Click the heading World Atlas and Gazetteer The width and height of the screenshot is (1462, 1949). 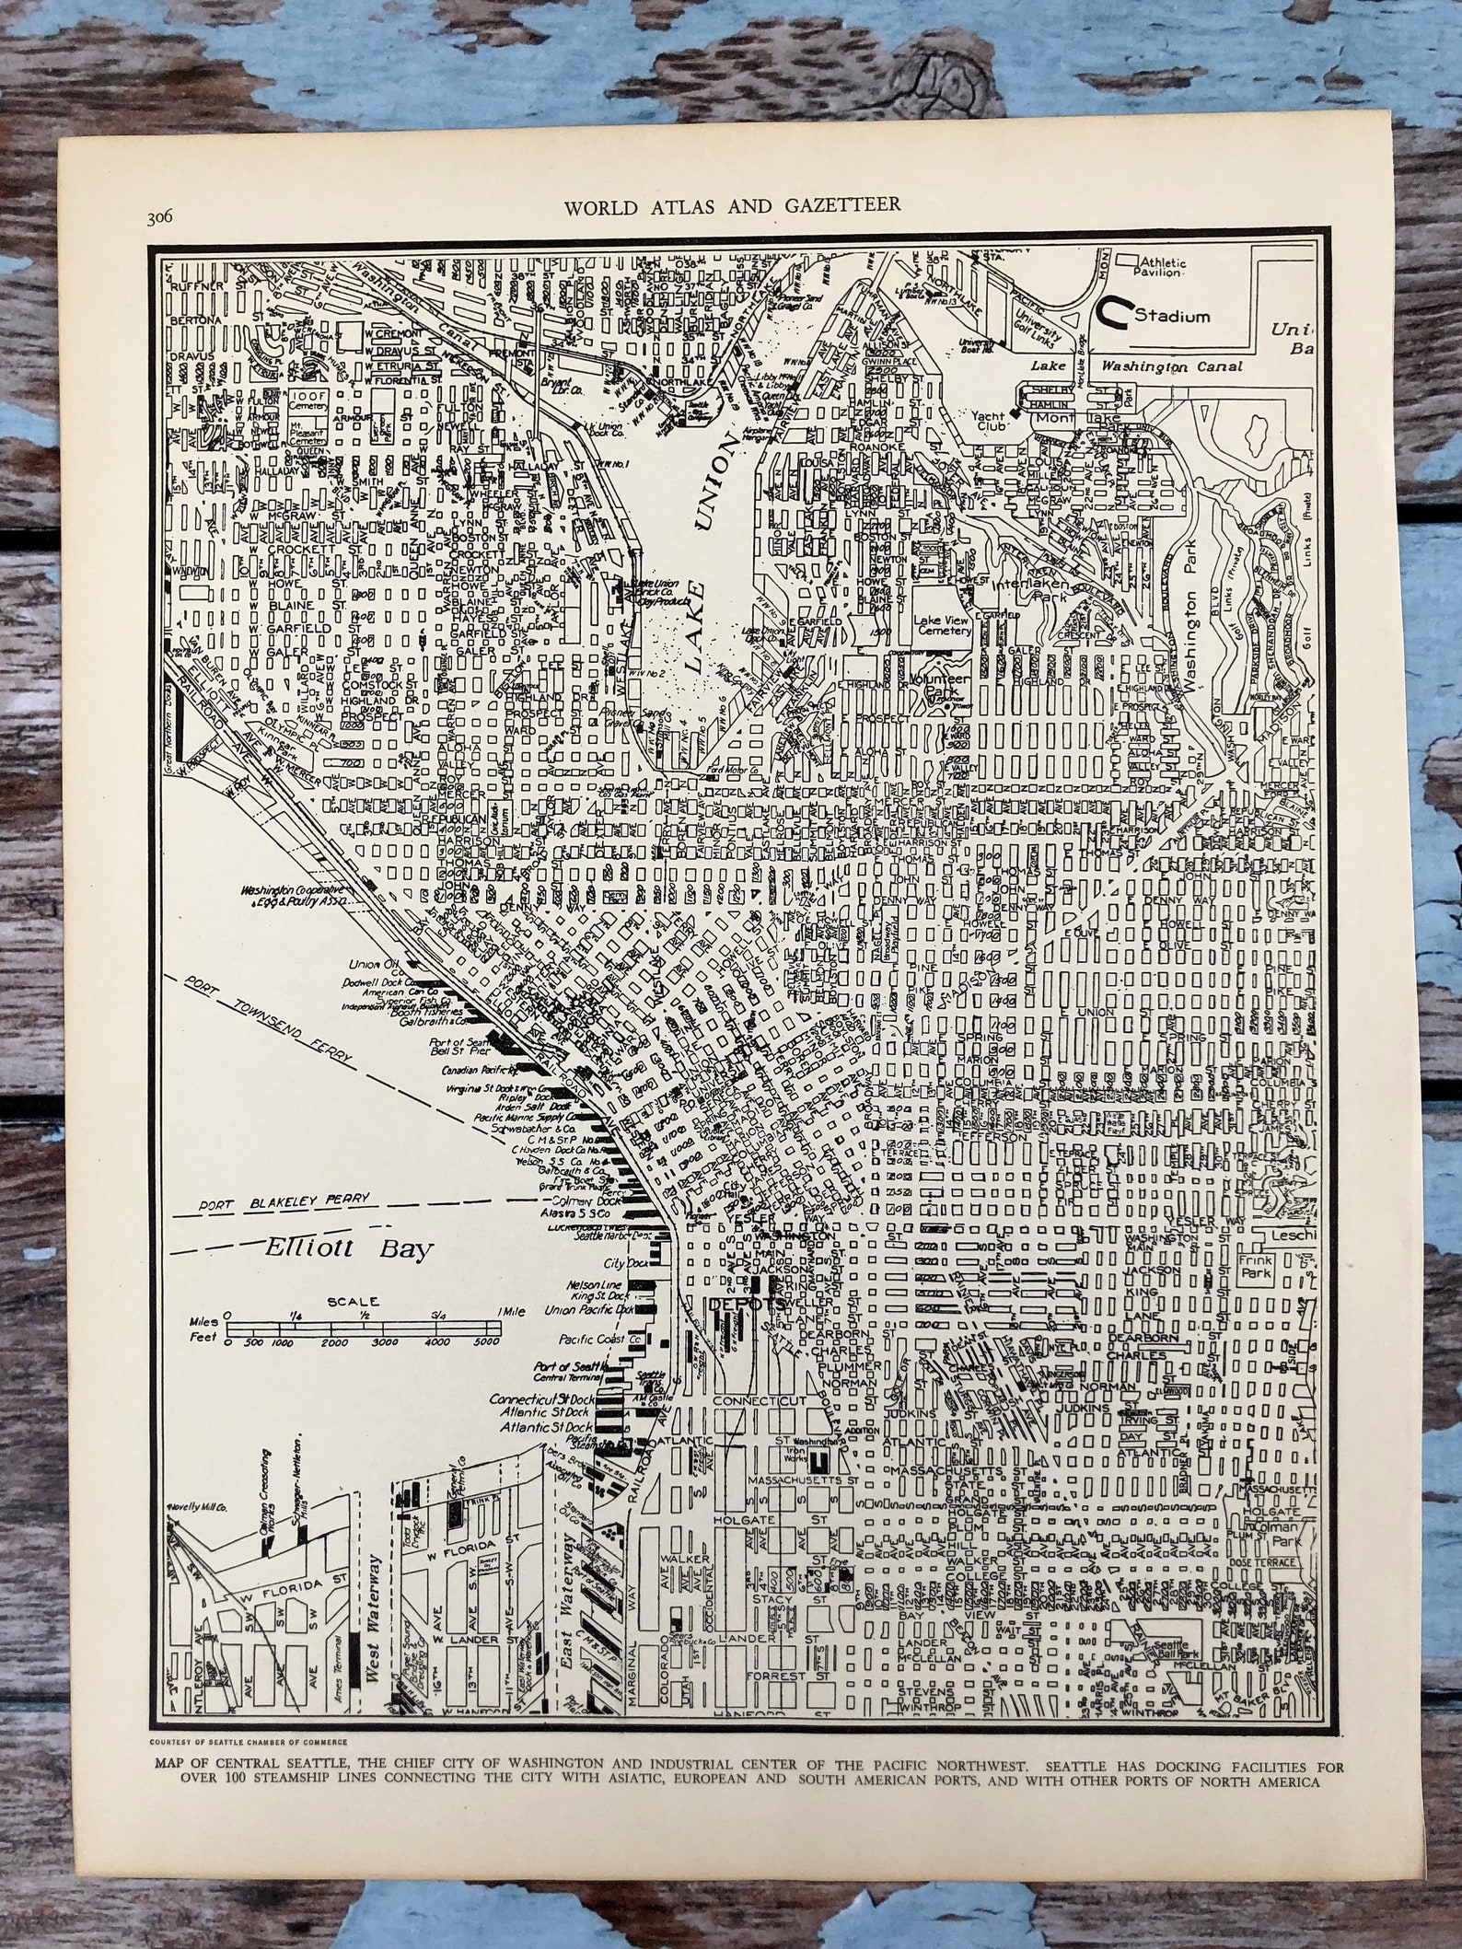732,204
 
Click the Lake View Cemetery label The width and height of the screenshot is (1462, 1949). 943,625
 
